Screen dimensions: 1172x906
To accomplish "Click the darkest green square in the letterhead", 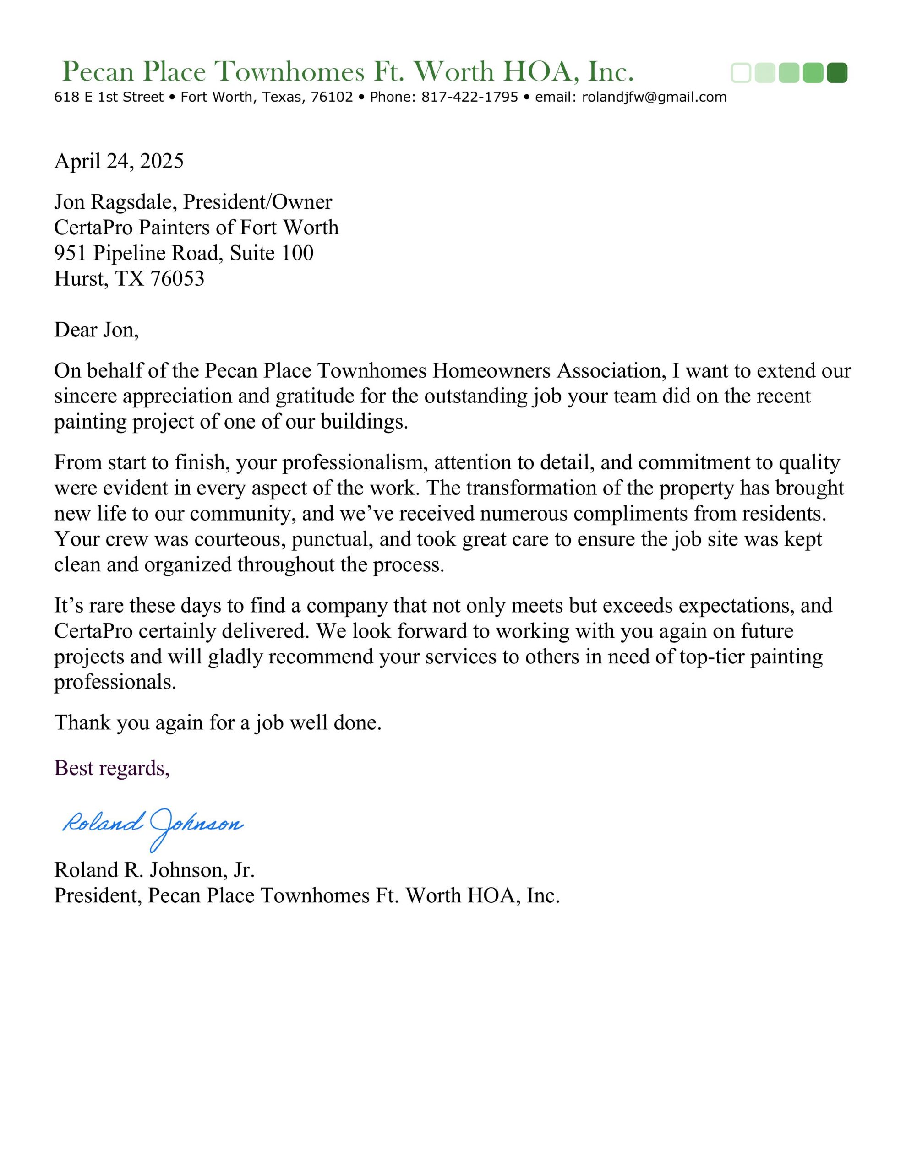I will [836, 73].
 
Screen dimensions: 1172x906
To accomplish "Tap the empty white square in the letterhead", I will [741, 73].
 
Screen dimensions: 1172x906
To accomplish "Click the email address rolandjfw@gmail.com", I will [654, 97].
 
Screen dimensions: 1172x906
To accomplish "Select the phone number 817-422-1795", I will [469, 97].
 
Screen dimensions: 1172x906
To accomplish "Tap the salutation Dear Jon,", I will [96, 330].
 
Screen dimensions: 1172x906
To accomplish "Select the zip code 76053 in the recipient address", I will [177, 278].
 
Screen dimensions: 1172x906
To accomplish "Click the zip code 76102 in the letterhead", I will [331, 97].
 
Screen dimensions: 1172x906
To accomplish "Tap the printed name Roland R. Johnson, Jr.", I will [154, 870].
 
